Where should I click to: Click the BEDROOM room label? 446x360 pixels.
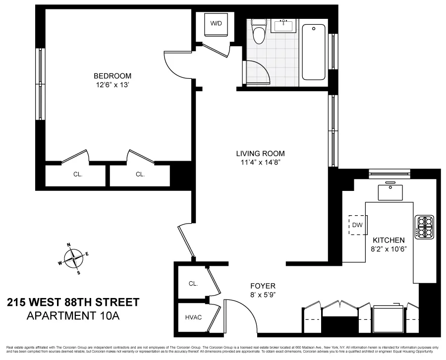point(112,76)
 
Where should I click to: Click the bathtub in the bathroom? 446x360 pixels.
point(315,51)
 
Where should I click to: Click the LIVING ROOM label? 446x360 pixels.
point(260,154)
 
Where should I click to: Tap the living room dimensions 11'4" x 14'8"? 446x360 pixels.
point(260,162)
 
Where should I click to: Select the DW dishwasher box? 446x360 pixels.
point(357,225)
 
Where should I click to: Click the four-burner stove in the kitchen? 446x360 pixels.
point(424,228)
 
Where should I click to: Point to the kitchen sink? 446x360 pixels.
point(391,190)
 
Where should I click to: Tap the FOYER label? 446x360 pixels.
point(262,286)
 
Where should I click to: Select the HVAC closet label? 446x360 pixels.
point(193,317)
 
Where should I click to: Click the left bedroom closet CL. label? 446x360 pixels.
point(78,175)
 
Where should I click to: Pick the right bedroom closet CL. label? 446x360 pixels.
point(140,175)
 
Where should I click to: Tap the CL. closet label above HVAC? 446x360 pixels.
point(193,284)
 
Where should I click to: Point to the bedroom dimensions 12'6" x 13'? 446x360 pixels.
point(112,85)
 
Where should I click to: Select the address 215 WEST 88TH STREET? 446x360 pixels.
point(73,302)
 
